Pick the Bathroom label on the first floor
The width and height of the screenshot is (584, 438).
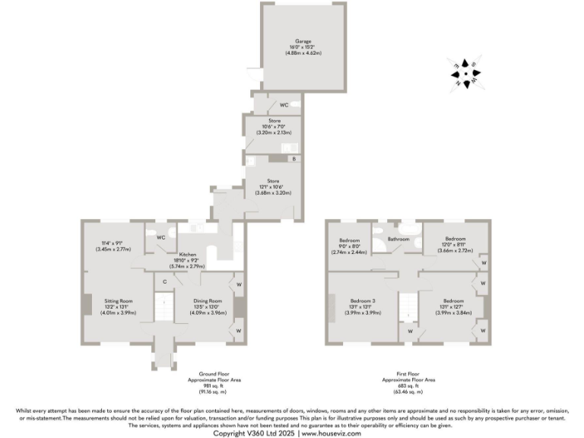point(398,240)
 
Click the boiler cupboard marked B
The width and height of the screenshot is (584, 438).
point(294,159)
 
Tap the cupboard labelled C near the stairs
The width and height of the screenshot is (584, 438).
point(165,281)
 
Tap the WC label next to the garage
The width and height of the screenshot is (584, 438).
point(283,104)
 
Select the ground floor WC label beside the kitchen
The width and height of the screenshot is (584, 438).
point(160,237)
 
